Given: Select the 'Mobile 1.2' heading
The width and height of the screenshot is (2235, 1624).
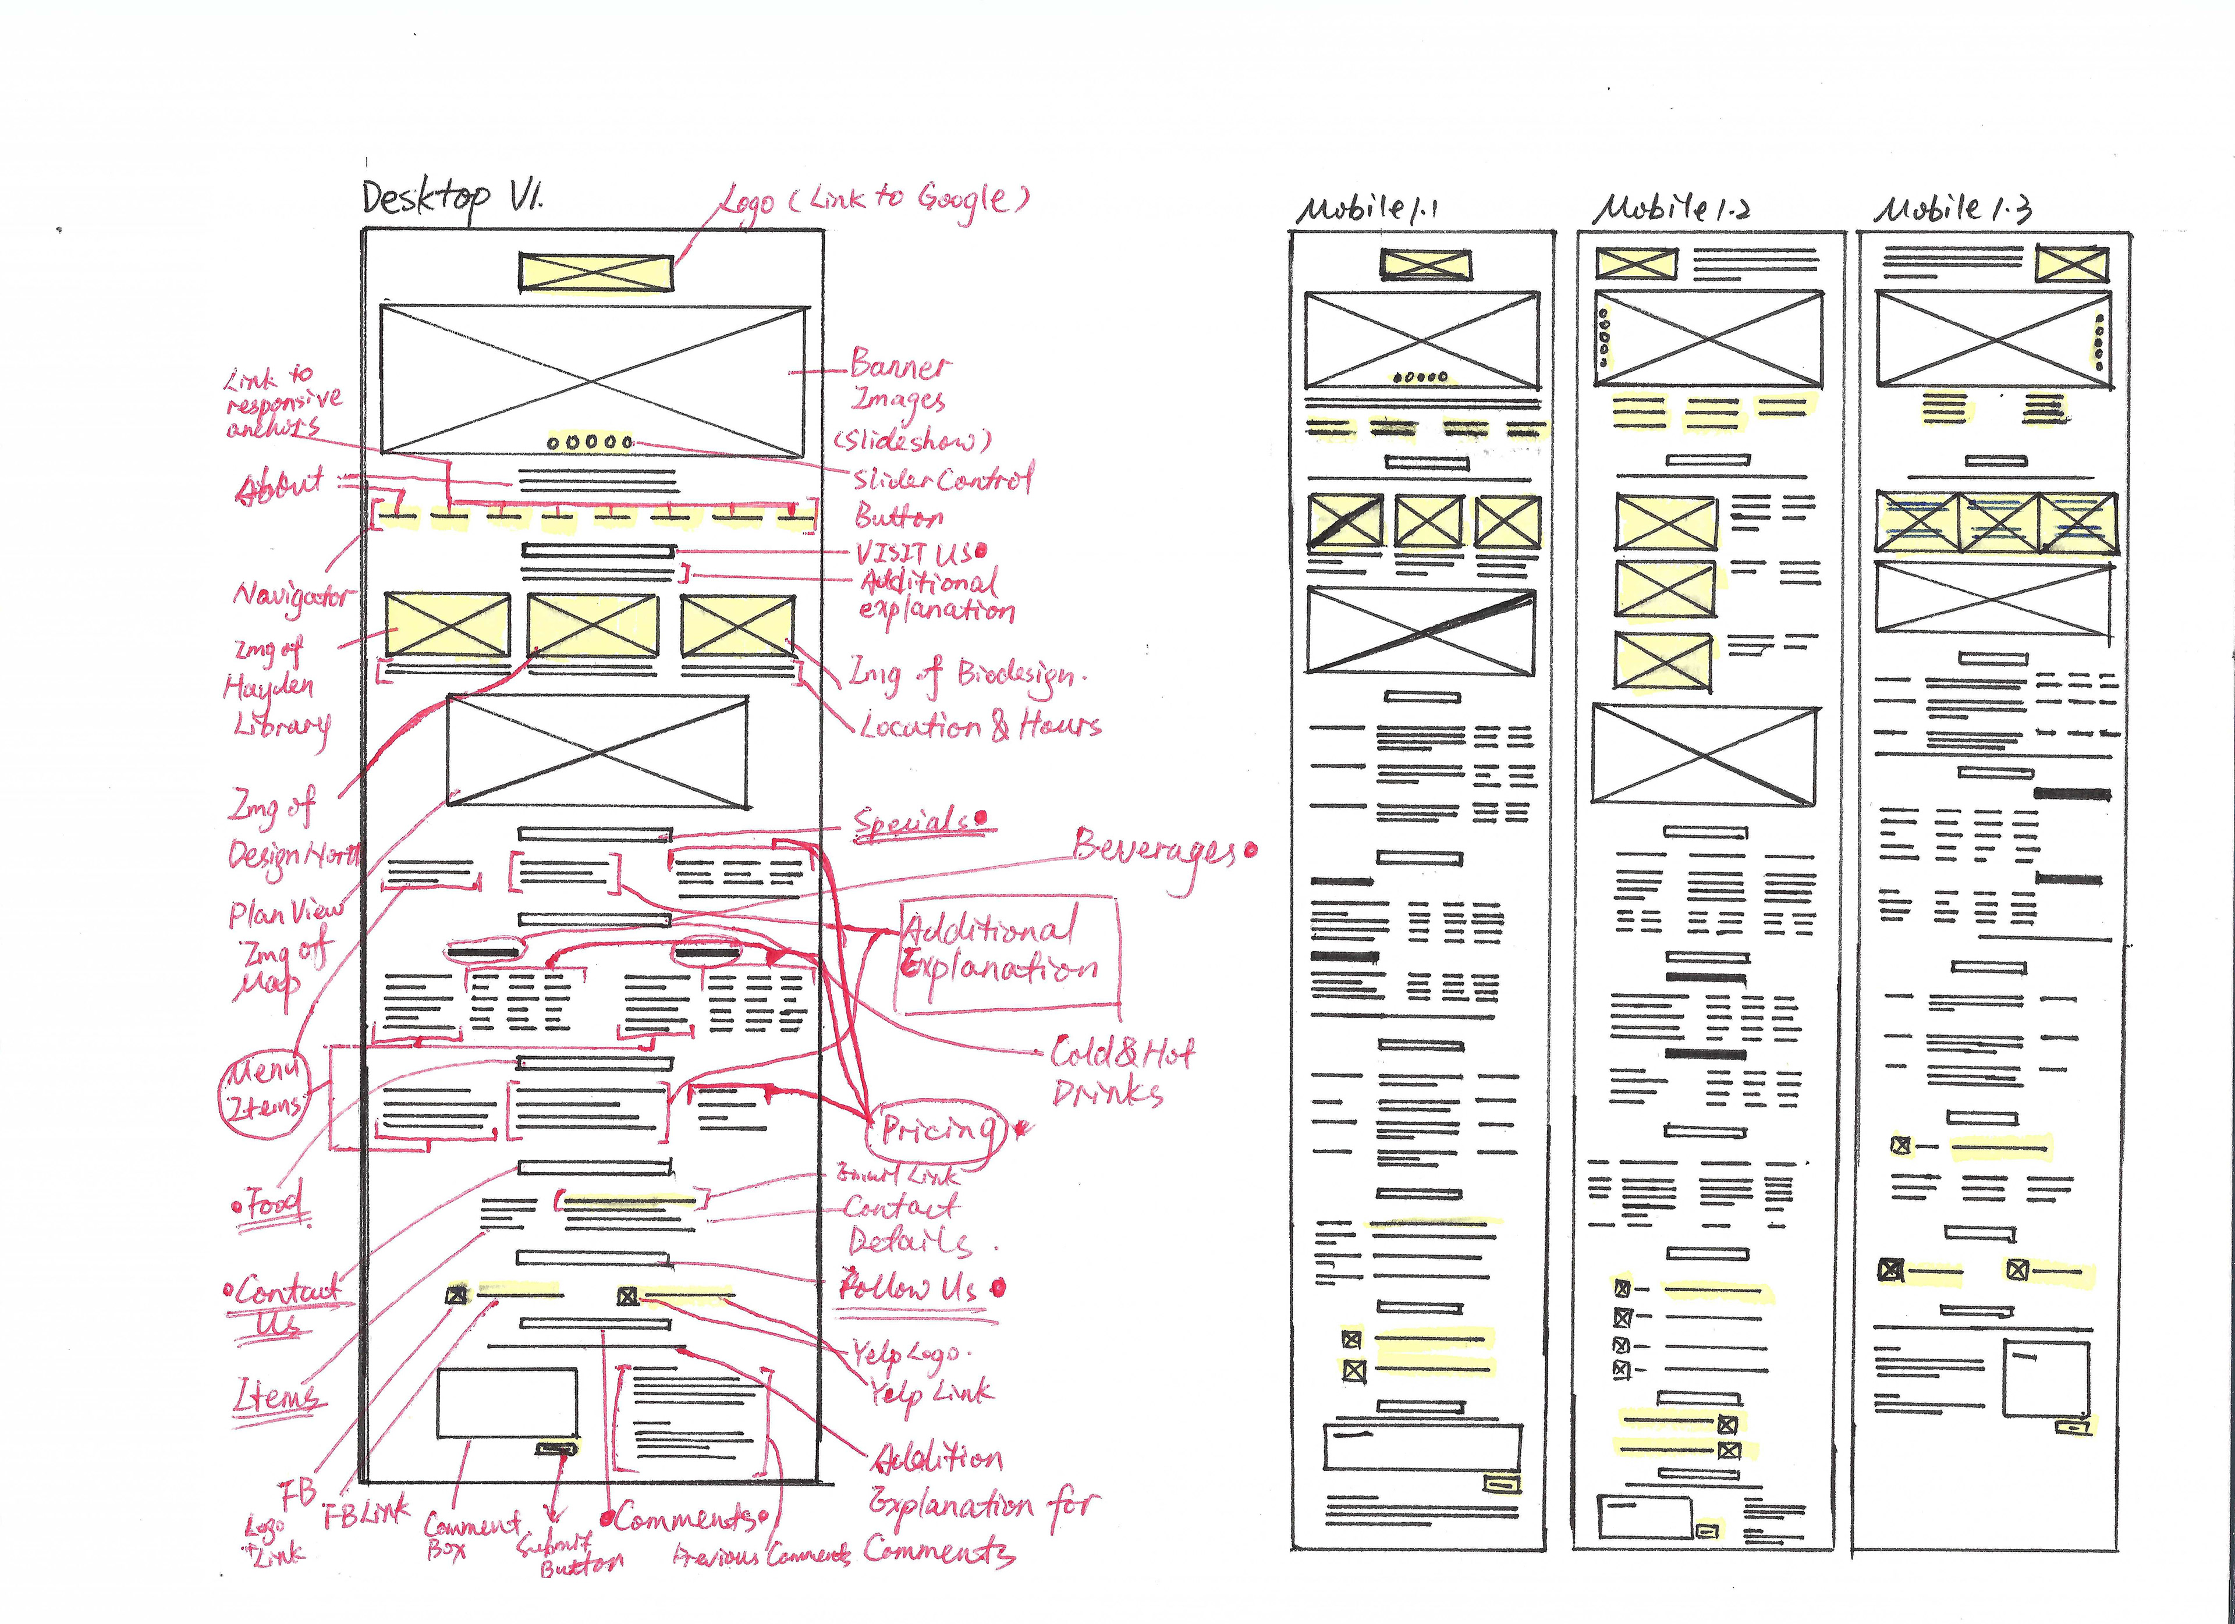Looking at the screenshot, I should click(1672, 208).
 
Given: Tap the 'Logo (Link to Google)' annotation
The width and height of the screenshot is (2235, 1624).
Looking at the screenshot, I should click(872, 201).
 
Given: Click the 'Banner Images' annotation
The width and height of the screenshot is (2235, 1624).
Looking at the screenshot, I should click(899, 382).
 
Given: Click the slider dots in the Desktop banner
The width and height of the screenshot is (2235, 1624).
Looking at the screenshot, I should click(589, 442).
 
